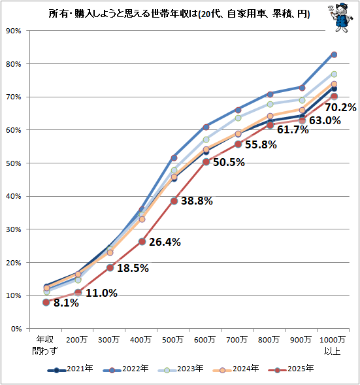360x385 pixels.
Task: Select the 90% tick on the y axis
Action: pos(14,31)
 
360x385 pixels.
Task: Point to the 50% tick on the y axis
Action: pos(14,163)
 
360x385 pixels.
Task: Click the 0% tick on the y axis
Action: pos(16,329)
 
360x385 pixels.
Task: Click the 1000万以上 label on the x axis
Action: pos(334,344)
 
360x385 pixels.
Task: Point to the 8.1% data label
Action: pos(65,303)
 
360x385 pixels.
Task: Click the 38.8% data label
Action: pos(197,201)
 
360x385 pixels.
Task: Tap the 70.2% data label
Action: pos(340,107)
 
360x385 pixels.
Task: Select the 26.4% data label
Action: pos(165,242)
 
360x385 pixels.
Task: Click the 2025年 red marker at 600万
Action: pos(206,161)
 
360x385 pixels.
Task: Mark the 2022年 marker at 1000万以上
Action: pos(334,54)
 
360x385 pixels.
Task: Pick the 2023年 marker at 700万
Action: pos(238,118)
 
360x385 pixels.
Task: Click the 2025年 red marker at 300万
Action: pos(110,267)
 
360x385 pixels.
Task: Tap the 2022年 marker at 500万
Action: pos(174,158)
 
